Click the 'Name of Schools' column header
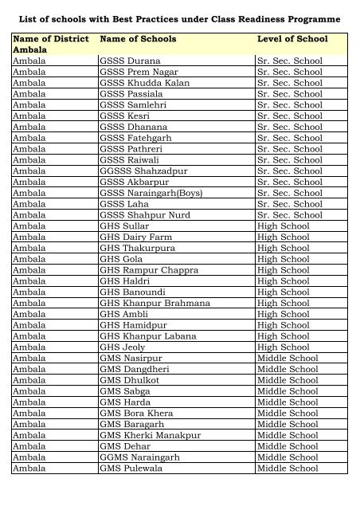pos(138,38)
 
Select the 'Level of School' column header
pos(292,38)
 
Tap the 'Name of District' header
pos(49,38)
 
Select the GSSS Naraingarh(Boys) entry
pos(149,193)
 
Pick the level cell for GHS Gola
pos(284,259)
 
